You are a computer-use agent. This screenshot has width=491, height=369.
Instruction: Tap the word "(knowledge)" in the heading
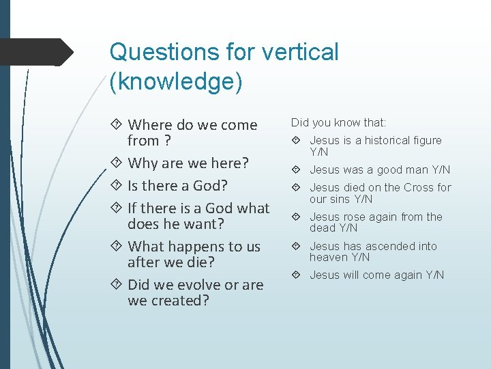pyautogui.click(x=176, y=81)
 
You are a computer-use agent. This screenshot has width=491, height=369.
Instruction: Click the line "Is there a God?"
pyautogui.click(x=177, y=186)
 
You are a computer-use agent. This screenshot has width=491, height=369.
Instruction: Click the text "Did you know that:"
pyautogui.click(x=338, y=123)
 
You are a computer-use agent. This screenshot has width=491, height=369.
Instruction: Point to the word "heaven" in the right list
pyautogui.click(x=329, y=258)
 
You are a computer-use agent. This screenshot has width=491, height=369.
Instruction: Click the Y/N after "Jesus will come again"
pyautogui.click(x=434, y=275)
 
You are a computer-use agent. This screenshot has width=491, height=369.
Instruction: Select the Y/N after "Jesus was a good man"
pyautogui.click(x=441, y=169)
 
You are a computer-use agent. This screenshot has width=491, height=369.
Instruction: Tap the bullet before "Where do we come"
pyautogui.click(x=119, y=126)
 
